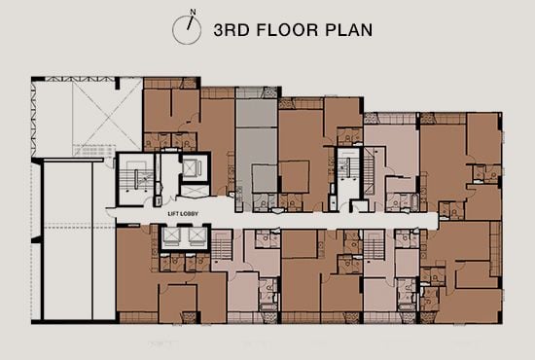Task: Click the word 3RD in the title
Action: pyautogui.click(x=231, y=29)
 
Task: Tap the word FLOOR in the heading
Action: pyautogui.click(x=286, y=29)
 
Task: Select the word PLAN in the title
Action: pyautogui.click(x=345, y=29)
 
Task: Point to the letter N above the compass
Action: pyautogui.click(x=193, y=12)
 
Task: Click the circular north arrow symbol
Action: pyautogui.click(x=185, y=27)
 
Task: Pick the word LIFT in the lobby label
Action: pyautogui.click(x=174, y=212)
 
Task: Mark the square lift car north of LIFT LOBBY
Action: pyautogui.click(x=191, y=168)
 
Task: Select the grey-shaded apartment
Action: pyautogui.click(x=258, y=146)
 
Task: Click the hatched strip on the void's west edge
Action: pyautogui.click(x=37, y=117)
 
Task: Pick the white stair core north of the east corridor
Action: pyautogui.click(x=347, y=175)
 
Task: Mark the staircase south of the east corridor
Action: pyautogui.click(x=375, y=251)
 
